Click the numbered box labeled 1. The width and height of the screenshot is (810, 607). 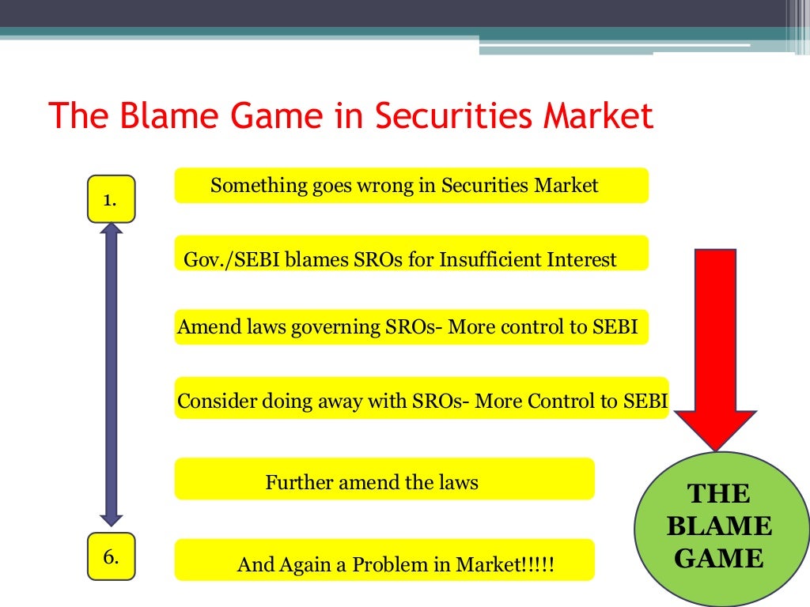[x=111, y=200]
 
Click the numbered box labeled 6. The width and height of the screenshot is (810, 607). [x=111, y=556]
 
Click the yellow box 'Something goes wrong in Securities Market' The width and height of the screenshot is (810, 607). [x=411, y=186]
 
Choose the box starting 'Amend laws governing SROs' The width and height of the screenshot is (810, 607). [x=411, y=327]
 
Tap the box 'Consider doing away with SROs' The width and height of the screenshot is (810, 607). [x=422, y=401]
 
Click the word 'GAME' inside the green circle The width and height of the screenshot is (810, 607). [x=719, y=559]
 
